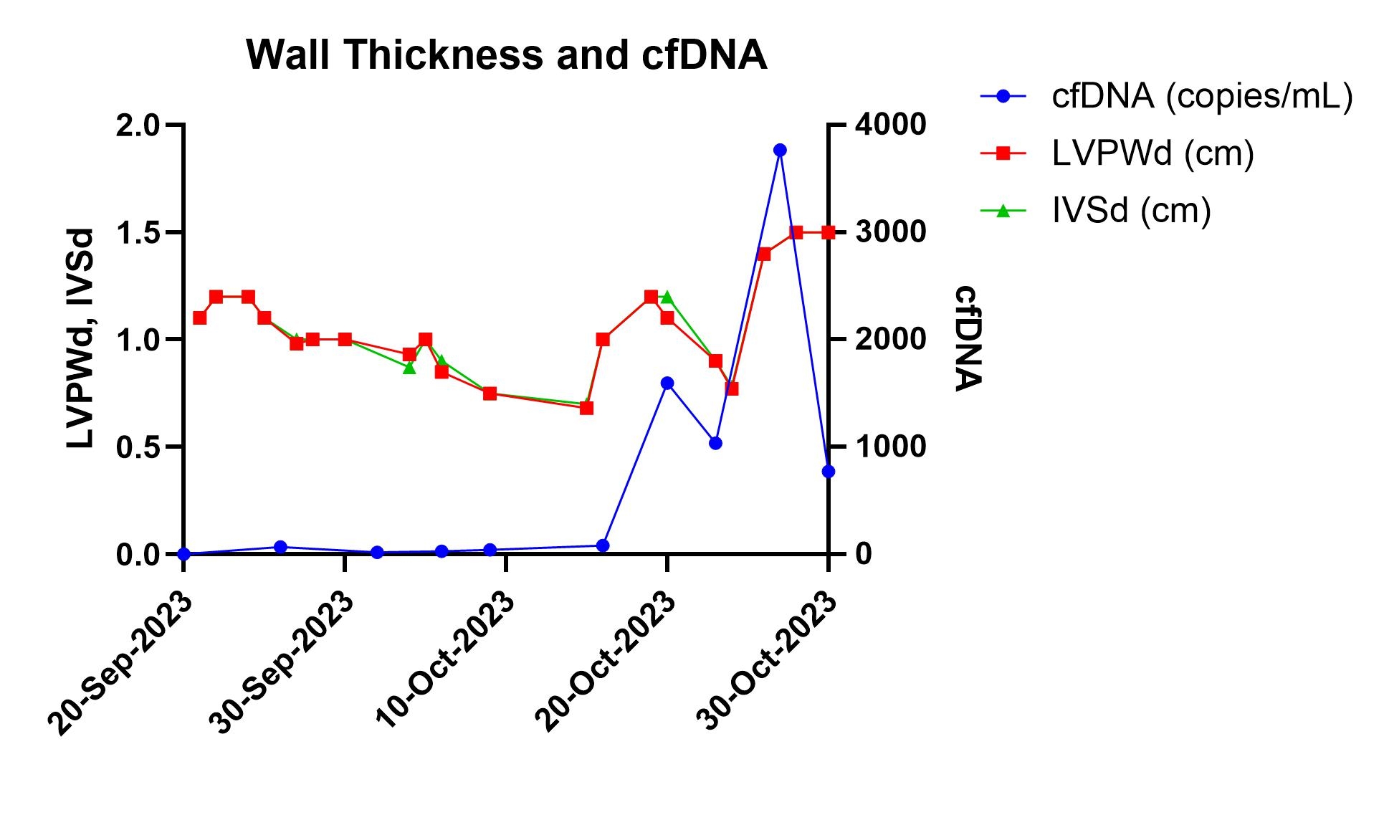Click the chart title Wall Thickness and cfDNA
506,54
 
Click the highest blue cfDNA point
780,150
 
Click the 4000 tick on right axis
889,125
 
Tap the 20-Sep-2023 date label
122,664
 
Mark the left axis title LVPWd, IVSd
81,338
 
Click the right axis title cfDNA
967,338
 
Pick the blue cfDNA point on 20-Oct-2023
667,383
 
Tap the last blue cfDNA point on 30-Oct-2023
828,471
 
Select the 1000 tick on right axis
889,447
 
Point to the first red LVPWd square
200,318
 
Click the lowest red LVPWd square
586,408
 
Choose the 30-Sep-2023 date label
284,662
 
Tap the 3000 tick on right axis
889,232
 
